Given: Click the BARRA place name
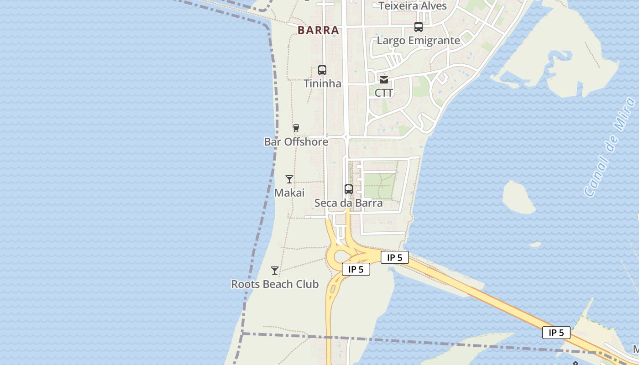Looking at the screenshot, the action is (318, 31).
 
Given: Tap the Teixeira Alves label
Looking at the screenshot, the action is (413, 6).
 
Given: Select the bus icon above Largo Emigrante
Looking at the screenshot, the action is (419, 27).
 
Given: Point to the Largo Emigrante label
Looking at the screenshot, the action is (418, 41).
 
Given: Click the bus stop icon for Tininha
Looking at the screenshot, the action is (322, 70).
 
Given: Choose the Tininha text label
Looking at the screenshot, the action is (322, 83).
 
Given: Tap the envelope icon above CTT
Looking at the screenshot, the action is (384, 80).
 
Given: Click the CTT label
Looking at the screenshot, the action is (384, 93).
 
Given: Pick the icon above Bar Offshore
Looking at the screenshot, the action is (296, 128).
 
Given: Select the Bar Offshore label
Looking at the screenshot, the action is (296, 142).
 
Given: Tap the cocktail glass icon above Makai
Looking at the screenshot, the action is (289, 179).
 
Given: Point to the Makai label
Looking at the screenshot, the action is (289, 193).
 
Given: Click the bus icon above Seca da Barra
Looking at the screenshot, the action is (349, 189).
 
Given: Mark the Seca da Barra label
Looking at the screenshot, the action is (349, 203).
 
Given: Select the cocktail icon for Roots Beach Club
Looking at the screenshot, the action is (275, 271).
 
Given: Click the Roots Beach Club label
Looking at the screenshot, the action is (275, 284).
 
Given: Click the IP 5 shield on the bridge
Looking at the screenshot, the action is (556, 333).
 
